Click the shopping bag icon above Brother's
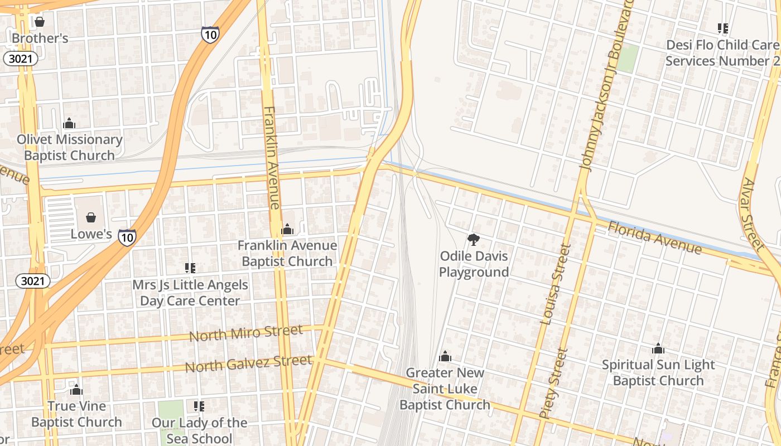[40, 22]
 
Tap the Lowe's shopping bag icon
[91, 217]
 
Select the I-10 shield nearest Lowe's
[127, 237]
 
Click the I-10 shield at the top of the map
[210, 35]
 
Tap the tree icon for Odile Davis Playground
[474, 240]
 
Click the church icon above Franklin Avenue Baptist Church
[287, 229]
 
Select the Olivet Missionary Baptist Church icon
[69, 123]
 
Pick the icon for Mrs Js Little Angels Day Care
[190, 268]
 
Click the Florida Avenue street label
[654, 237]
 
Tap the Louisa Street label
[556, 284]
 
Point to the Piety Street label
[554, 384]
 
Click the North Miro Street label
[246, 333]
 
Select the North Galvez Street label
[248, 363]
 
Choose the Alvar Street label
[753, 214]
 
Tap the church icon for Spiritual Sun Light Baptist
[658, 348]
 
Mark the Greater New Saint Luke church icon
[445, 356]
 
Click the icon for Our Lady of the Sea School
[199, 406]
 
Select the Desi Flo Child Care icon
[723, 28]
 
